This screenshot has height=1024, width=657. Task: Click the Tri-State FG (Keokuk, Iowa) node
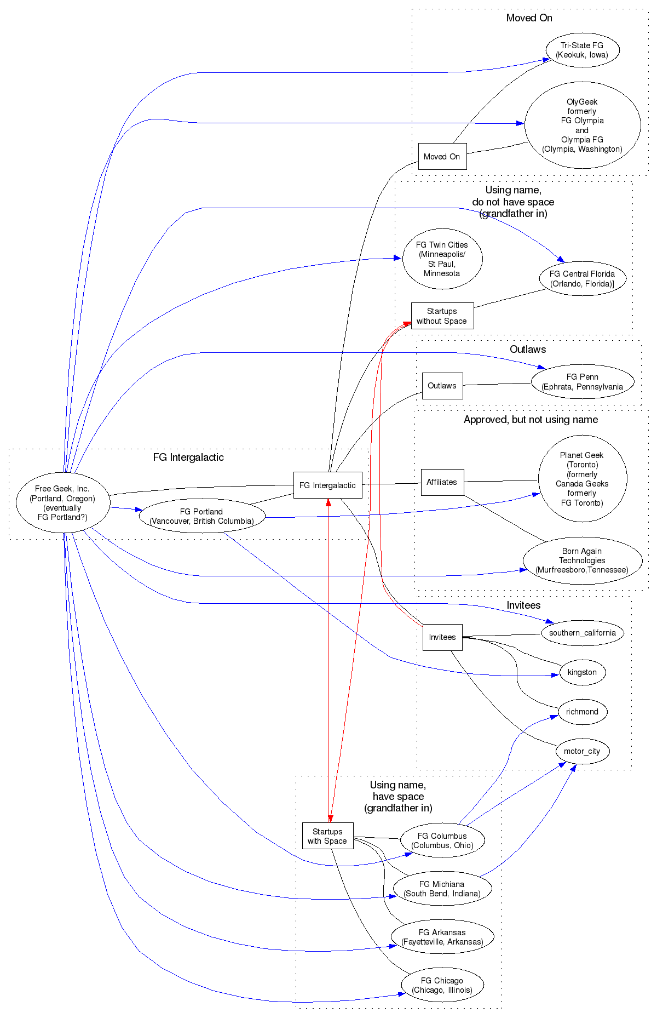click(582, 50)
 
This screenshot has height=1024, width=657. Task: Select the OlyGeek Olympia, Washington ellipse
click(582, 125)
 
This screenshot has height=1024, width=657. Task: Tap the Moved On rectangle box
click(442, 157)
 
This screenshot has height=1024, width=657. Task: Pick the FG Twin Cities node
click(442, 259)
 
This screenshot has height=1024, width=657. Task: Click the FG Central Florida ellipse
click(582, 279)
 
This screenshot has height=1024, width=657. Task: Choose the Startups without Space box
click(442, 316)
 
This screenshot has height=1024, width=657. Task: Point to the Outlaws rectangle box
click(442, 386)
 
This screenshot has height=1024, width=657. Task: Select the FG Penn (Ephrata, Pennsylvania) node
click(582, 382)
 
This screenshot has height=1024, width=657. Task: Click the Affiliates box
click(442, 482)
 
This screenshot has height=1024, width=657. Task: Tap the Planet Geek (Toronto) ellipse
click(582, 479)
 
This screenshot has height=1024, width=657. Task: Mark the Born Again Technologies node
click(582, 560)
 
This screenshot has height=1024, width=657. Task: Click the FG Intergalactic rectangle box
click(327, 485)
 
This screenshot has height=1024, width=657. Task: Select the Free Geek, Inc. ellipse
click(62, 503)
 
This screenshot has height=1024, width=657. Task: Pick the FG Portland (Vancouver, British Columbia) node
click(201, 516)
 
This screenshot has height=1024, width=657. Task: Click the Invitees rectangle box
click(442, 637)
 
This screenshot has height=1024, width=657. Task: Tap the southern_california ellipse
click(582, 633)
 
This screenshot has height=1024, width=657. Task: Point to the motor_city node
click(582, 751)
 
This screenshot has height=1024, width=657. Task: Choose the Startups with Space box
click(327, 836)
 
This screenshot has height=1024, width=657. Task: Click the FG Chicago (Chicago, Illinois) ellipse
click(442, 985)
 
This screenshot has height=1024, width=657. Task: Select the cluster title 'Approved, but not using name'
click(531, 420)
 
